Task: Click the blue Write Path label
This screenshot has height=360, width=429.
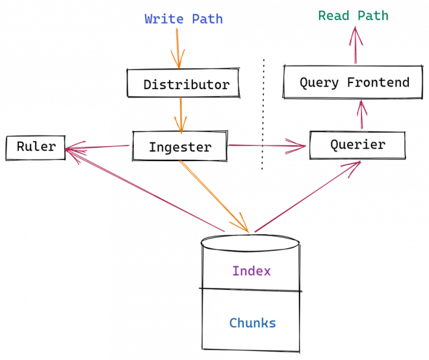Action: [183, 19]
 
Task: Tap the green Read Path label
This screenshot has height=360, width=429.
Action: [353, 16]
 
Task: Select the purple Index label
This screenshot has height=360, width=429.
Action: [252, 271]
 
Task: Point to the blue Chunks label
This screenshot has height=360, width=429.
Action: [252, 323]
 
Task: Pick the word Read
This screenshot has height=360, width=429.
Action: [334, 16]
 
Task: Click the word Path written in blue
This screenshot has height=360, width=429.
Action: [207, 19]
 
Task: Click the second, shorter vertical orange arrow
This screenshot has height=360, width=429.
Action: [180, 115]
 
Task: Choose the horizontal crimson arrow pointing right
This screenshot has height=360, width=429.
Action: [266, 146]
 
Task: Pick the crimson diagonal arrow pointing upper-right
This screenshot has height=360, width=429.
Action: [307, 196]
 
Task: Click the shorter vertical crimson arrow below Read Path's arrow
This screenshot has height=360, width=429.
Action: [362, 115]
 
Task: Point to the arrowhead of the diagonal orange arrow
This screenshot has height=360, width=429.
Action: [244, 226]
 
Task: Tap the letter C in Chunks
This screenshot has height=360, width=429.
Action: [233, 323]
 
